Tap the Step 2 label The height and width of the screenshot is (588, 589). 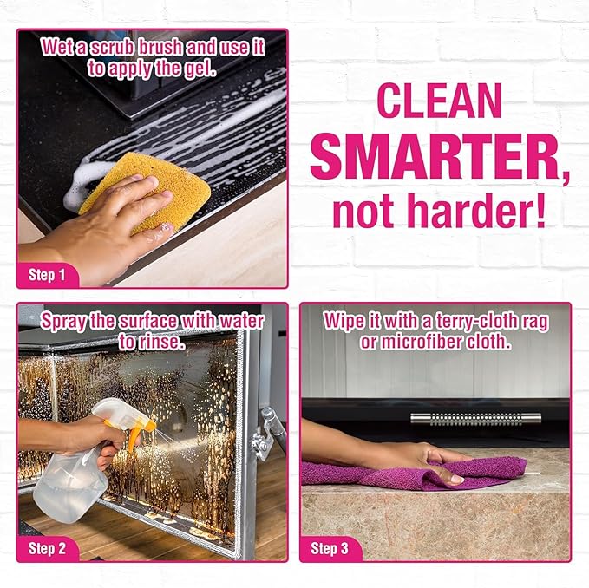click(x=48, y=548)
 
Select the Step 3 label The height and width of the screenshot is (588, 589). click(x=330, y=548)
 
